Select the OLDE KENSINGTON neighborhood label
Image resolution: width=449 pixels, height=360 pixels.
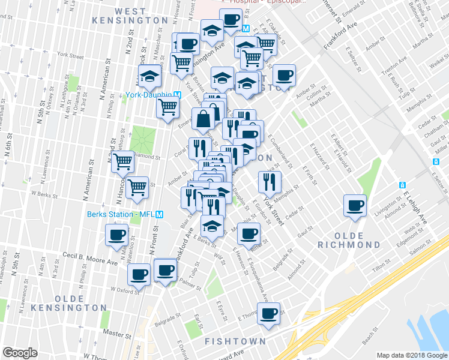(x=80, y=302)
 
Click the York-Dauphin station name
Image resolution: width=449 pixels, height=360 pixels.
(x=149, y=95)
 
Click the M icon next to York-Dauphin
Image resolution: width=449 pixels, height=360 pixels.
(x=177, y=95)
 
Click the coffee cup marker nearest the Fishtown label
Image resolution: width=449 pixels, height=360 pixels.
(x=270, y=312)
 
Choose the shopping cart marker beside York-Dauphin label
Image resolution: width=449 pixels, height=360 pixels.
(x=168, y=107)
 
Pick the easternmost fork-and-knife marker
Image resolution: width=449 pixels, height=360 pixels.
(x=270, y=181)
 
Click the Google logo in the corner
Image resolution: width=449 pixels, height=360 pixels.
(x=20, y=353)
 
